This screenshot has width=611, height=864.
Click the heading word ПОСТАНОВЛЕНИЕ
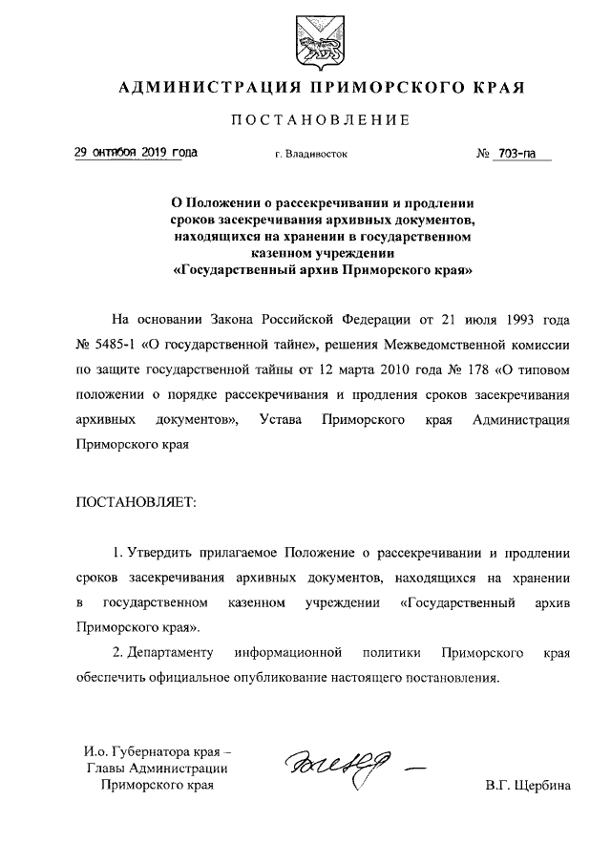321,120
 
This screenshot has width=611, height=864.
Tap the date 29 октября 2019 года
137,153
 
